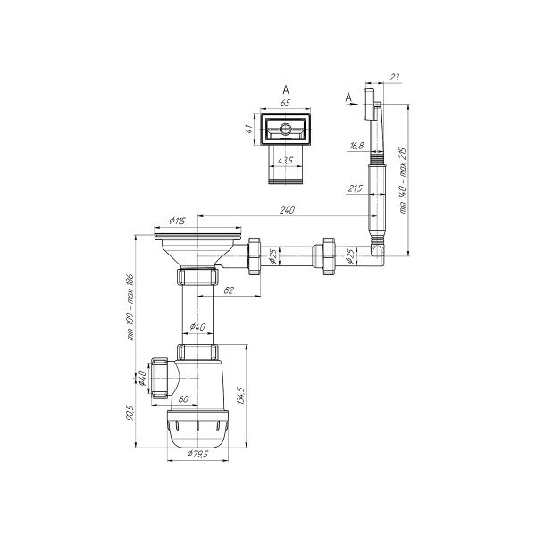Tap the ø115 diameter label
click(175, 220)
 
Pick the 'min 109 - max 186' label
click(131, 306)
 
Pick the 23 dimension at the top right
click(394, 79)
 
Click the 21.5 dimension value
click(354, 189)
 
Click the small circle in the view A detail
click(285, 130)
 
